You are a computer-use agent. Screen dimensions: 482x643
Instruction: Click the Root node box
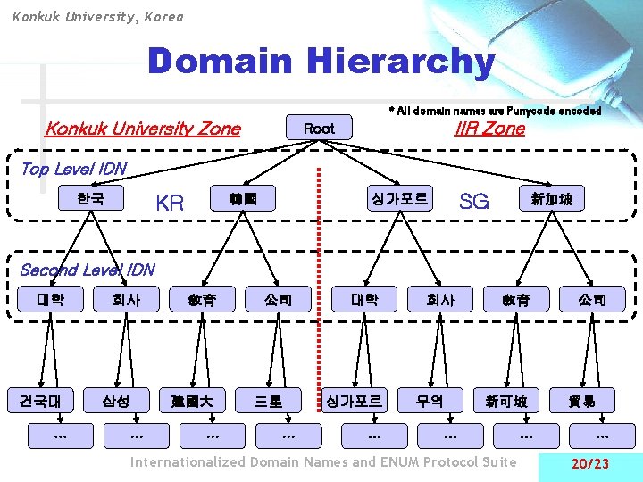pyautogui.click(x=319, y=129)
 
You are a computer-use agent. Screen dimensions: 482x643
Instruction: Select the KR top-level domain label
pyautogui.click(x=170, y=203)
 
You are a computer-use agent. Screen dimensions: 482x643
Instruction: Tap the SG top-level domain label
pyautogui.click(x=473, y=202)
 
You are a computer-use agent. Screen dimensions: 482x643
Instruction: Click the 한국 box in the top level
pyautogui.click(x=89, y=198)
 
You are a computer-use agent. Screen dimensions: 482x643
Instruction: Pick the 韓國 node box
pyautogui.click(x=243, y=198)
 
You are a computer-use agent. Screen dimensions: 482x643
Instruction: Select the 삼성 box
pyautogui.click(x=116, y=401)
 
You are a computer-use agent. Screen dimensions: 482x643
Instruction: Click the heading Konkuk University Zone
pyautogui.click(x=143, y=129)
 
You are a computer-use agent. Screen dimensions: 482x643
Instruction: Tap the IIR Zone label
pyautogui.click(x=489, y=129)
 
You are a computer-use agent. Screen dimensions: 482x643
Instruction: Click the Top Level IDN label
pyautogui.click(x=73, y=169)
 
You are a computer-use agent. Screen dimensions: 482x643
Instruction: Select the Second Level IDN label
pyautogui.click(x=87, y=270)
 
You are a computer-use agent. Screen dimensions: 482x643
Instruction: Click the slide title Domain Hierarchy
pyautogui.click(x=321, y=62)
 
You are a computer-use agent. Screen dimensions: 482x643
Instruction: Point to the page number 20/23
pyautogui.click(x=590, y=464)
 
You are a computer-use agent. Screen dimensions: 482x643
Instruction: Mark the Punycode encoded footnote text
pyautogui.click(x=495, y=111)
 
